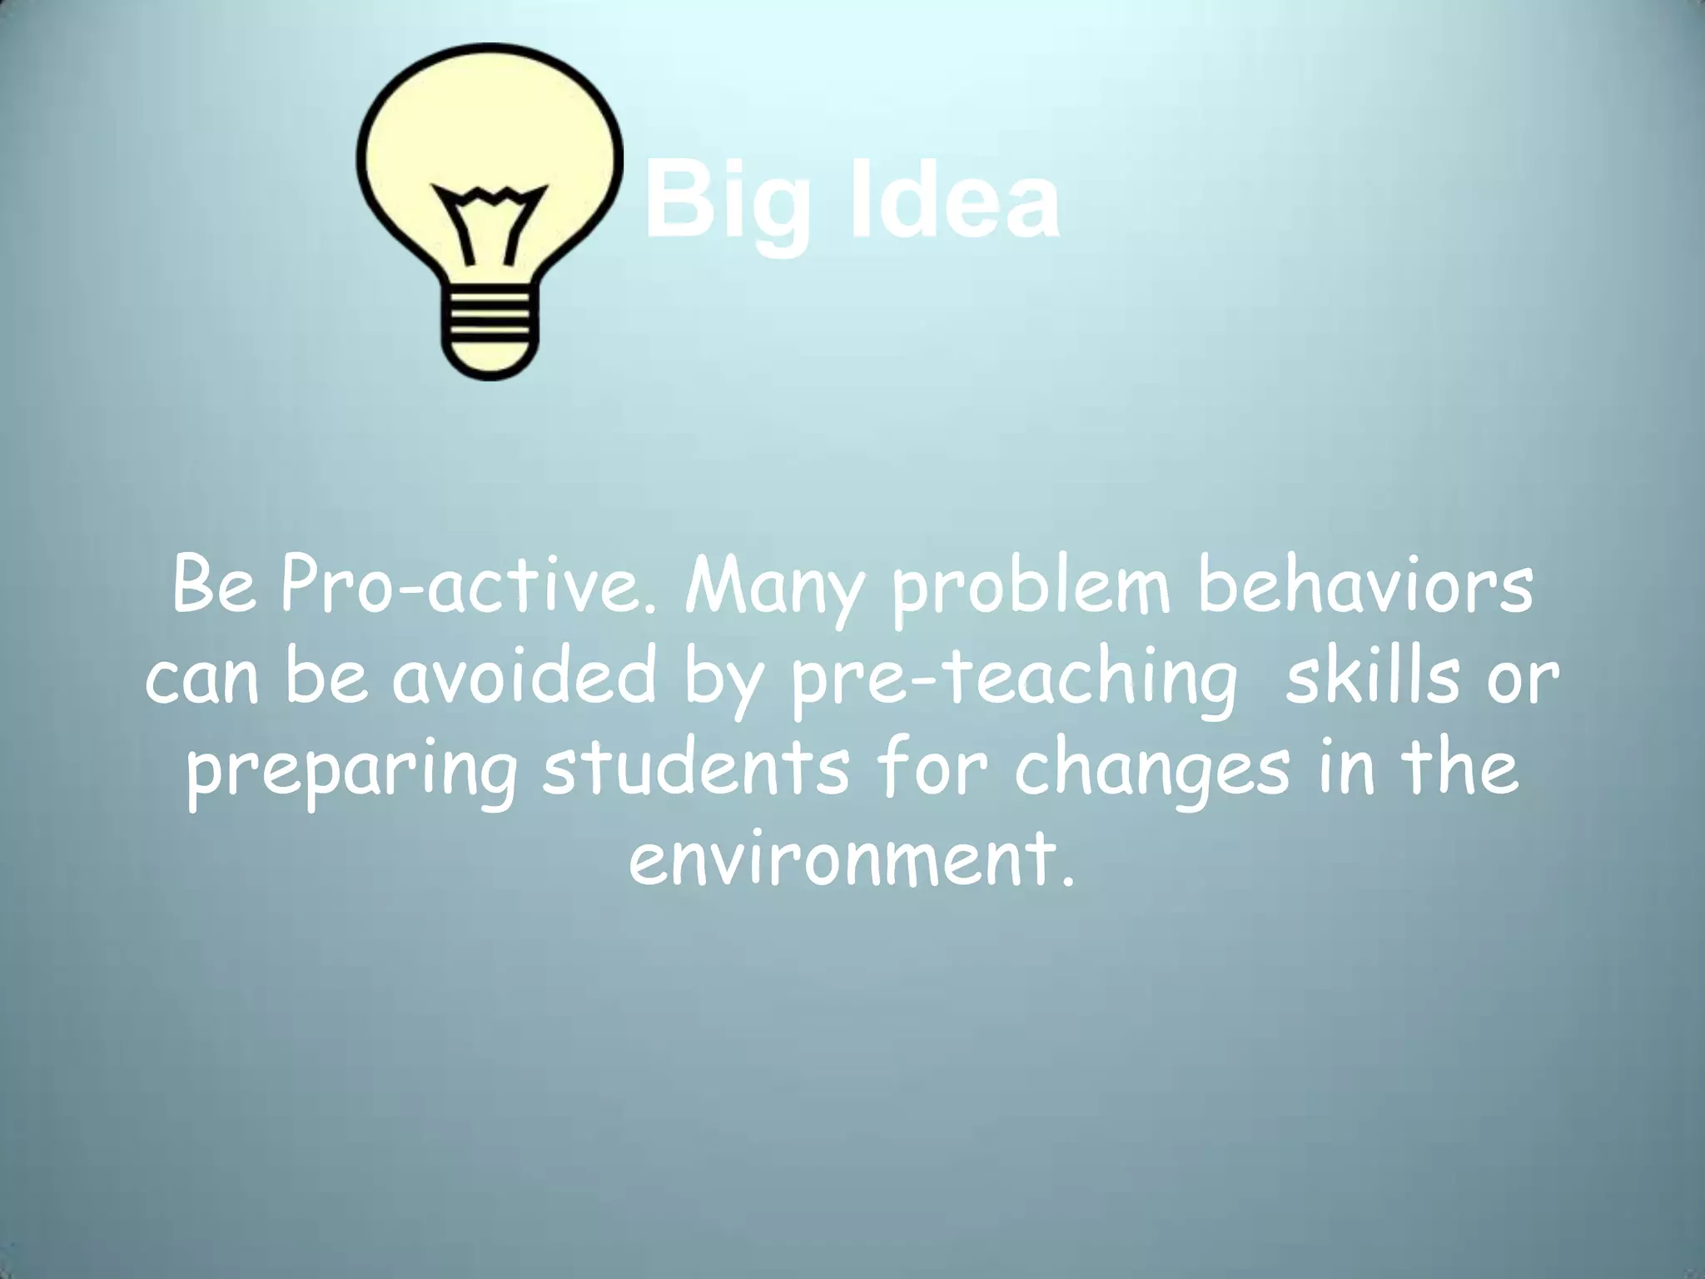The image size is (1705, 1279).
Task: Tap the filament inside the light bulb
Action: click(490, 221)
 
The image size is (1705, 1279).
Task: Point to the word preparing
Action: click(350, 770)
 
